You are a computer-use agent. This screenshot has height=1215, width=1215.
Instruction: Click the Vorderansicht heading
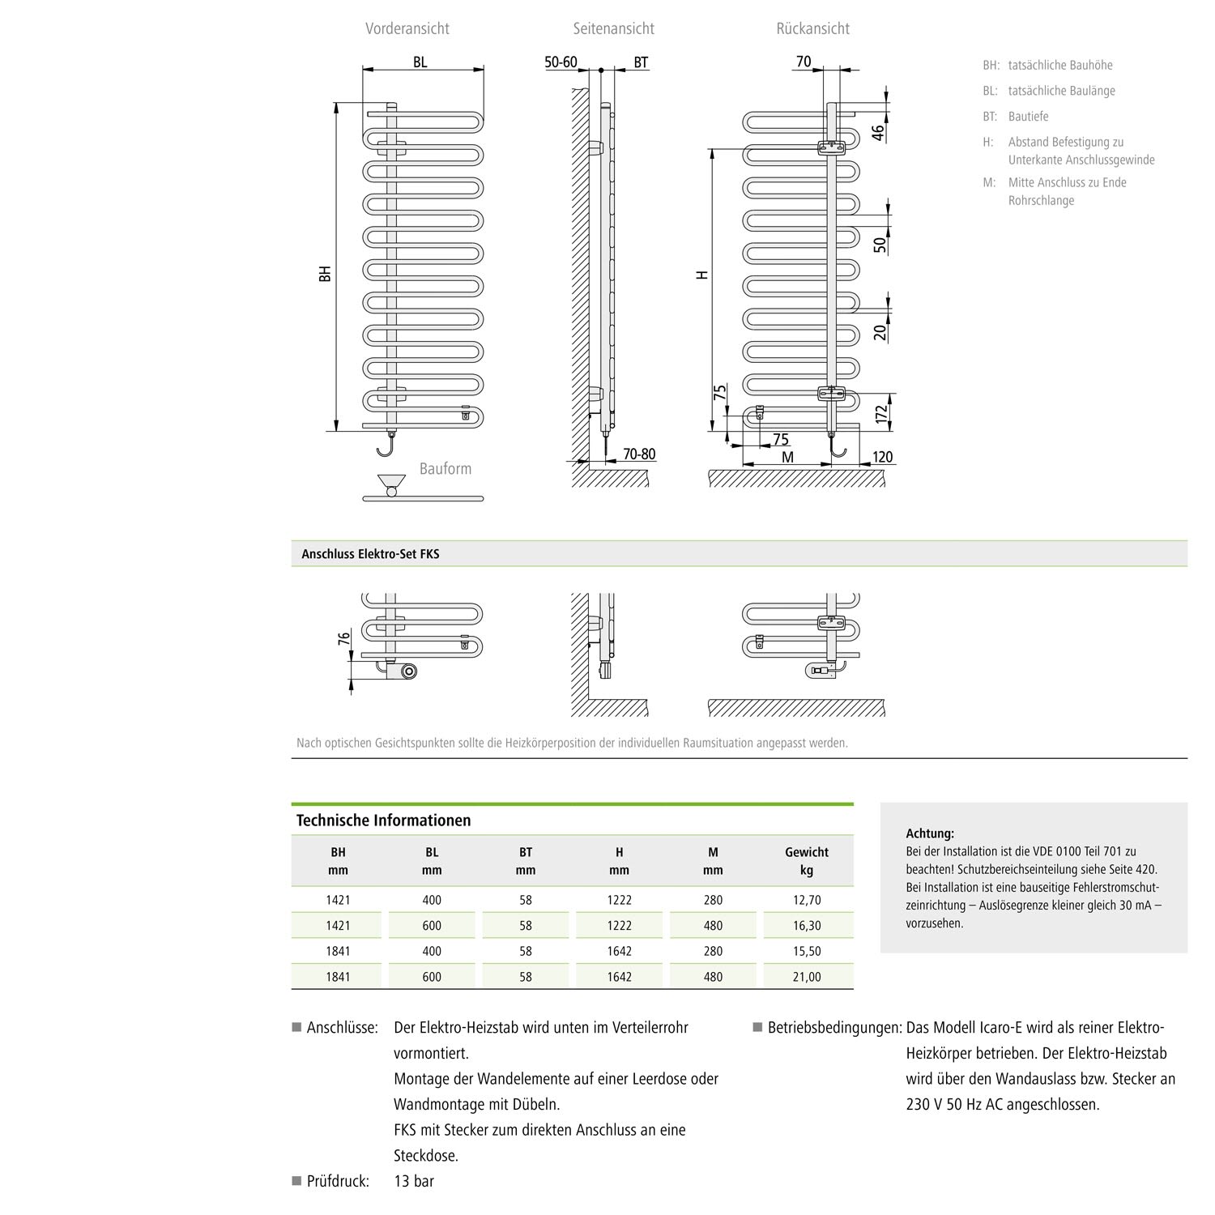click(x=407, y=29)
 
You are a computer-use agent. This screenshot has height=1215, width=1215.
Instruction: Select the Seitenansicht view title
click(x=613, y=29)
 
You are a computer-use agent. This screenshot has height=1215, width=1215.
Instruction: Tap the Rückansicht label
click(x=812, y=29)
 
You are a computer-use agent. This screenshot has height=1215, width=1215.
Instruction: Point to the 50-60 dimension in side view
click(x=561, y=62)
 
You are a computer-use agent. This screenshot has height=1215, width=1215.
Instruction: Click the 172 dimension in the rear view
click(x=881, y=412)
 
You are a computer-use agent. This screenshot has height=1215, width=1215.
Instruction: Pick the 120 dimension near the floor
click(x=881, y=457)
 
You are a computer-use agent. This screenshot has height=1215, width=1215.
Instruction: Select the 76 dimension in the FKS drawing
click(x=343, y=639)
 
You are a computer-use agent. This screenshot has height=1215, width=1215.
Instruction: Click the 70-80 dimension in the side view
click(x=638, y=454)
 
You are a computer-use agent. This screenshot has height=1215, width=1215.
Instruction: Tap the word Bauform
click(x=445, y=469)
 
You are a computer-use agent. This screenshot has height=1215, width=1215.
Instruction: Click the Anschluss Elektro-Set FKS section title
click(x=370, y=554)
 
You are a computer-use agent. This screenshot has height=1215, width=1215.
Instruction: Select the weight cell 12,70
click(x=807, y=900)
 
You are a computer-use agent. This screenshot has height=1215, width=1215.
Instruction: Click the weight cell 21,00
click(x=807, y=977)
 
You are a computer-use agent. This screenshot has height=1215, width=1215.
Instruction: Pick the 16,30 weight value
click(x=807, y=925)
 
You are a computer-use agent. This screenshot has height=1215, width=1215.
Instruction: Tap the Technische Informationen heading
click(x=383, y=821)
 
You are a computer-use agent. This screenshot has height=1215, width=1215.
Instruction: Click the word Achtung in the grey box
click(x=930, y=833)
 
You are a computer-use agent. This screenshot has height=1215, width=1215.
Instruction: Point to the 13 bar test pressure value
click(x=414, y=1181)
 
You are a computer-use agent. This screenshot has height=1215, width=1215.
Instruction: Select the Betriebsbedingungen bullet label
click(x=834, y=1028)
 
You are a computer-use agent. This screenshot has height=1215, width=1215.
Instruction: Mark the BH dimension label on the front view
click(x=325, y=273)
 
